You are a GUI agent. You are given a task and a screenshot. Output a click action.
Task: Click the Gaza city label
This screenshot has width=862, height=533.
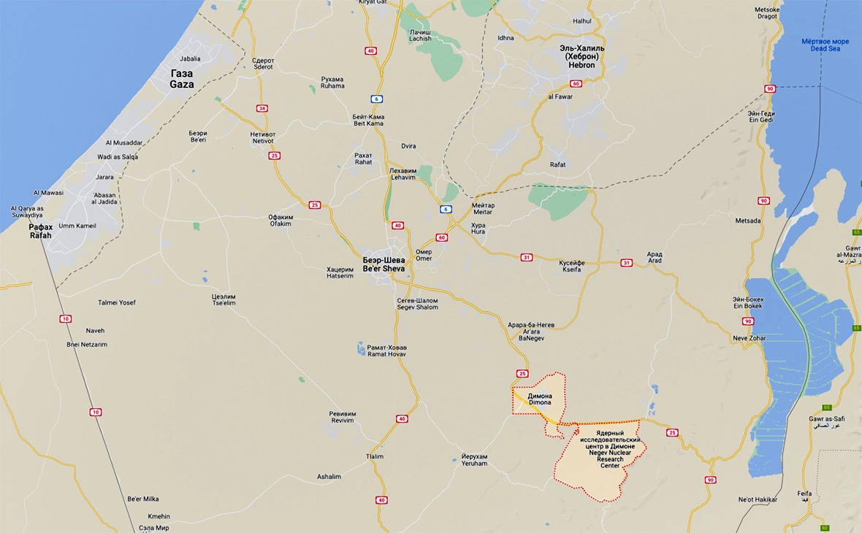182,79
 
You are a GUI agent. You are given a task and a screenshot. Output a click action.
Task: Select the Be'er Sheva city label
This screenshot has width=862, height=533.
384,264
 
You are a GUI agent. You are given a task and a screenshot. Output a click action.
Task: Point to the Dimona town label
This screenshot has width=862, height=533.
540,399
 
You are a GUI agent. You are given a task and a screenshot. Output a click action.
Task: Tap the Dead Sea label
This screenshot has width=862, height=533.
825,45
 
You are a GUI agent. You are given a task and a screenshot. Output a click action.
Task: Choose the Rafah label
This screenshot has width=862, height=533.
41,231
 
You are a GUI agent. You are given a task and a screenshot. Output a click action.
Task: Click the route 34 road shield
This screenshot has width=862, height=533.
262,108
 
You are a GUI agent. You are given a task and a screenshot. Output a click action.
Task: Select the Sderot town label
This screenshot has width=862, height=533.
262,64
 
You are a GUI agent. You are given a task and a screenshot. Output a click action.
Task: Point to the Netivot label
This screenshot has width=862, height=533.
262,137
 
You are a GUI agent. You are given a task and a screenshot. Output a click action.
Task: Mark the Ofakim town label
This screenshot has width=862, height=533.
280,221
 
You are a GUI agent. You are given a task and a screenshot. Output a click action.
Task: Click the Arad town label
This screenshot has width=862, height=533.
655,258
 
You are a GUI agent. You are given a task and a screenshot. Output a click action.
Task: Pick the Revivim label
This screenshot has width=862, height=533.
342,417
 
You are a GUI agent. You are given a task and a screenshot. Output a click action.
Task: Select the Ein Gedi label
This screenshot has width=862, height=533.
760,117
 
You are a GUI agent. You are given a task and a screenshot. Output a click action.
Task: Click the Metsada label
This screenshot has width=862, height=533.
748,221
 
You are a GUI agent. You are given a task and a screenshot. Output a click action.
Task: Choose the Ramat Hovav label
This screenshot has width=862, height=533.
386,350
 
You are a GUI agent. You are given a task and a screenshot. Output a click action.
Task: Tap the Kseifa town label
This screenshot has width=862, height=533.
572,266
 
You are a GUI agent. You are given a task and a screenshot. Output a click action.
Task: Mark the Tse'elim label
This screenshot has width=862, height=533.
224,300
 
